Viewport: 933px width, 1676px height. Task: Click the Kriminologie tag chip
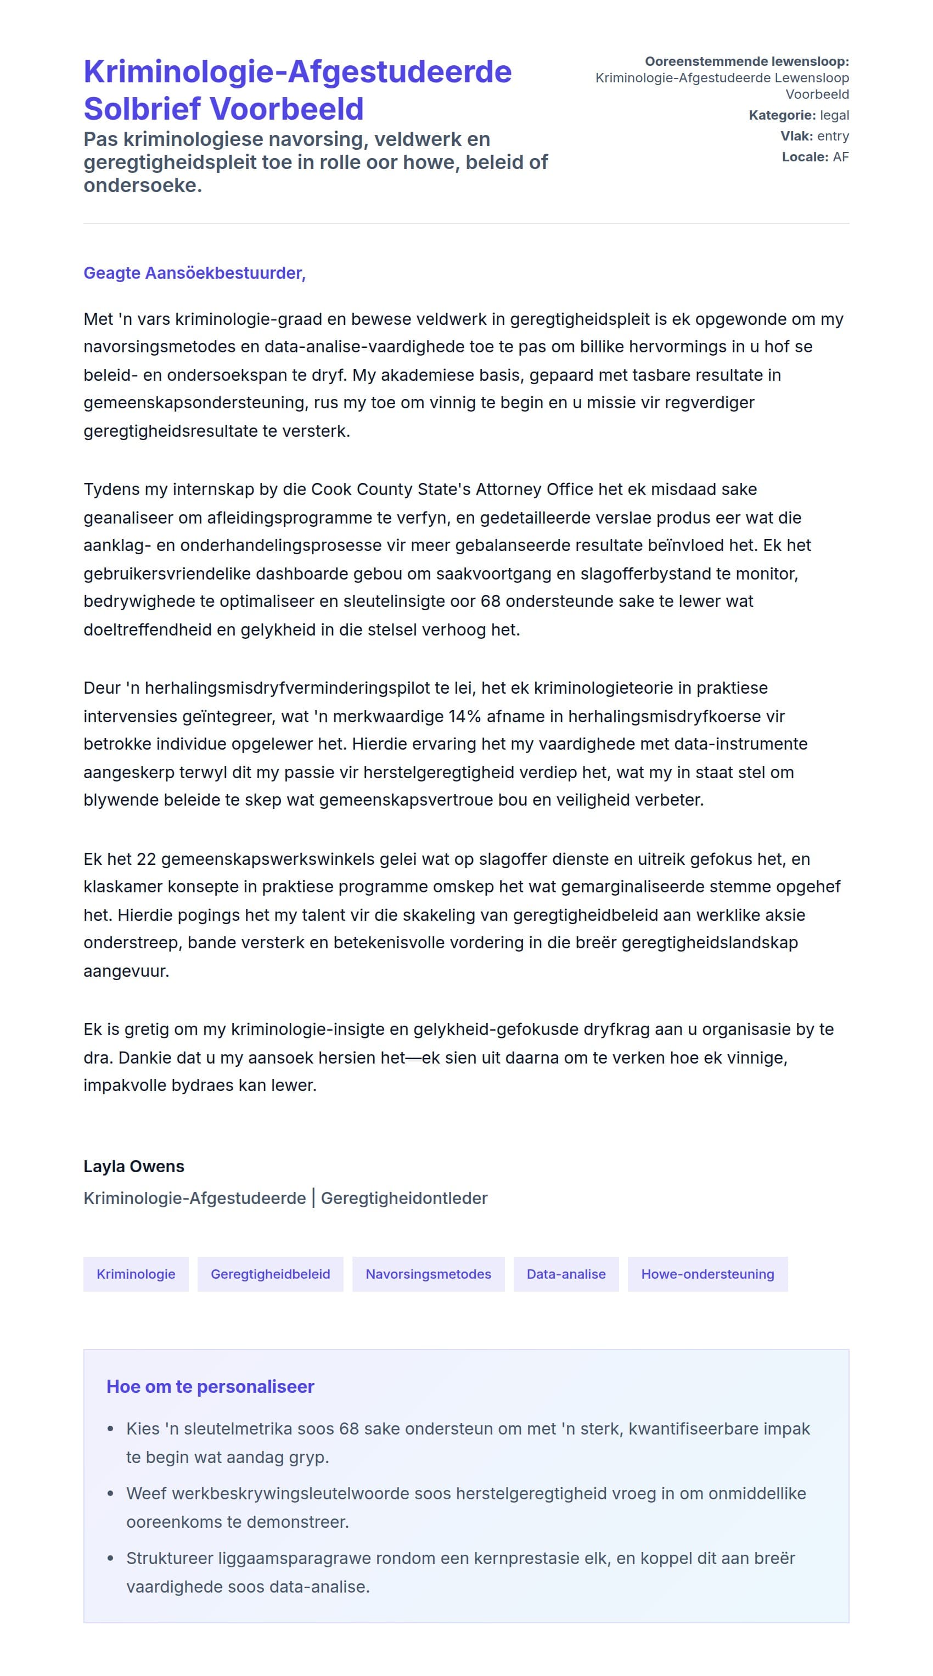136,1274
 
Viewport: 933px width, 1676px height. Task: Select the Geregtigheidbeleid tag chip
270,1274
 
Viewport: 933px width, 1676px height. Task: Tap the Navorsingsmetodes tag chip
428,1274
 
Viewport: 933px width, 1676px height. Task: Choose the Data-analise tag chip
565,1274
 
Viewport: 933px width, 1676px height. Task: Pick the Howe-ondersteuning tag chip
707,1274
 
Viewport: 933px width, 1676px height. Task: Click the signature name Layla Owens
133,1167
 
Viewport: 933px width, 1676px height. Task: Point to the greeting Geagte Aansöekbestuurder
194,273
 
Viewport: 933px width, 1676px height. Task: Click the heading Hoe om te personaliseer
210,1386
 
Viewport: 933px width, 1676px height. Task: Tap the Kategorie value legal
834,115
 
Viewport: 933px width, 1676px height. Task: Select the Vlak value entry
833,136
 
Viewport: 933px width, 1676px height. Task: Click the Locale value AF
841,157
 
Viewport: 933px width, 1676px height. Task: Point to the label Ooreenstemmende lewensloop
746,61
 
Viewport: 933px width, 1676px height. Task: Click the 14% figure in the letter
464,716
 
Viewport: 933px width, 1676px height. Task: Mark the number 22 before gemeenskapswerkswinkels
147,859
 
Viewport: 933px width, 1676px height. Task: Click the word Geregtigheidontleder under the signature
404,1199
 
